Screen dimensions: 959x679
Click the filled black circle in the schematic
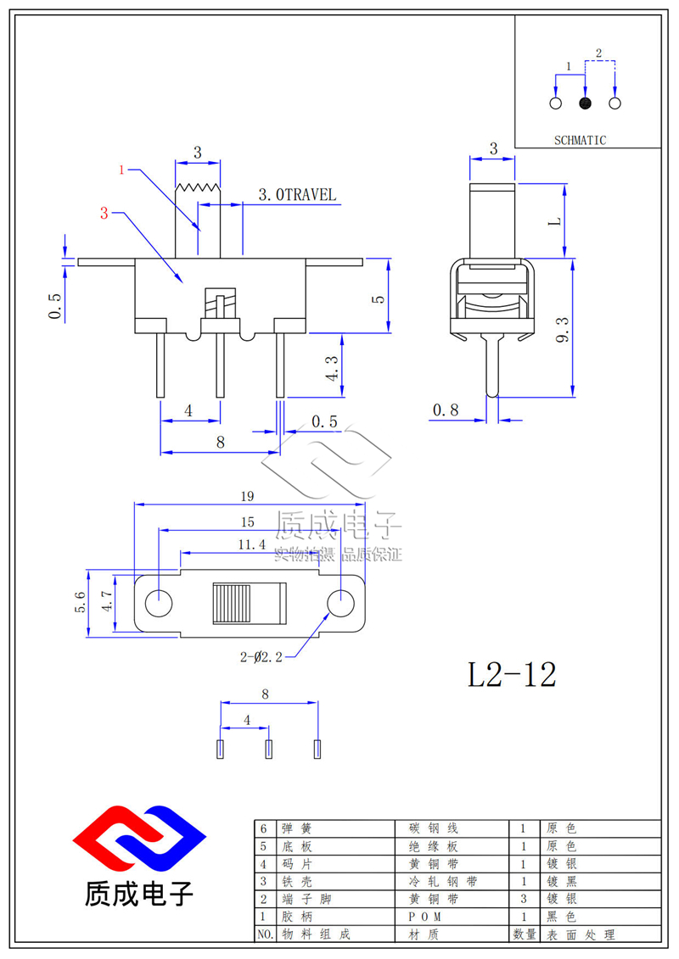pos(585,103)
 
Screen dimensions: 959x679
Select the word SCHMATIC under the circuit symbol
pos(581,141)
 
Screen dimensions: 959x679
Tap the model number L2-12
pos(513,674)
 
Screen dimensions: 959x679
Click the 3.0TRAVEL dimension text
pos(296,195)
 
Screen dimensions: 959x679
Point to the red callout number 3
pos(104,214)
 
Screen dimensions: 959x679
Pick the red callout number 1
pos(121,170)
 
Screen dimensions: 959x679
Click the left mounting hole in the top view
pos(158,603)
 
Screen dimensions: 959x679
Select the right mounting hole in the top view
pos(340,603)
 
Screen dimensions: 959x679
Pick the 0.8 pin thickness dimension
pos(445,410)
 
